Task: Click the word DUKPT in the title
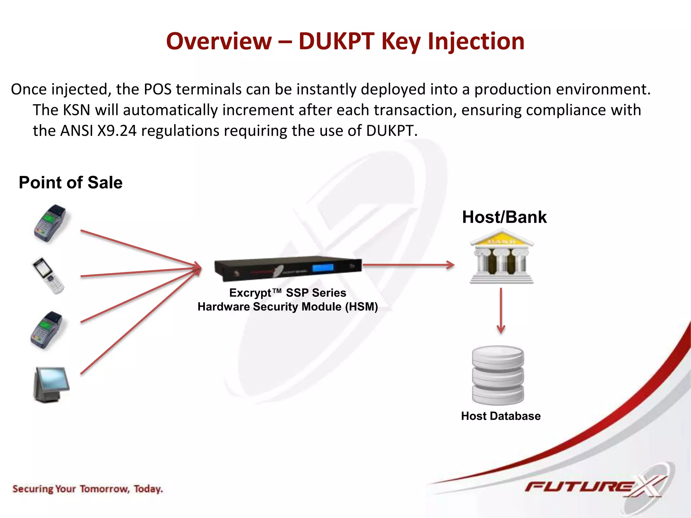coord(336,41)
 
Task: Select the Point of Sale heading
coord(71,182)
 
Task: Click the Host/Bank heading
coord(504,217)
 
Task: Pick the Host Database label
coord(501,416)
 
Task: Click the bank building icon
coord(502,256)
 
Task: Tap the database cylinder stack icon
coord(498,375)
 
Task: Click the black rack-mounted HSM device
coord(287,268)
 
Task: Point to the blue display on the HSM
coord(323,268)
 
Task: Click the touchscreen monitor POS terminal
coord(51,384)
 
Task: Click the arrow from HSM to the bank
coord(408,265)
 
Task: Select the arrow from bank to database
coord(501,310)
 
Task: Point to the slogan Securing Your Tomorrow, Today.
coord(88,489)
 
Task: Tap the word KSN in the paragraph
coord(77,110)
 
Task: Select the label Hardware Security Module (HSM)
coord(287,307)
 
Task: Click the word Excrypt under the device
coord(250,293)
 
